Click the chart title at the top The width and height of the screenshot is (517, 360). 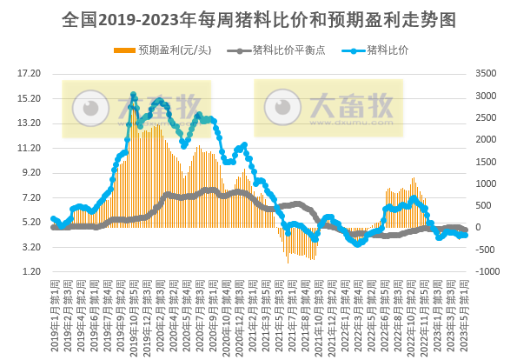click(x=258, y=18)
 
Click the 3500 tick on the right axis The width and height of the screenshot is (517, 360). click(x=489, y=73)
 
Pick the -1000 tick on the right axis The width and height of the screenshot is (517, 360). click(x=489, y=272)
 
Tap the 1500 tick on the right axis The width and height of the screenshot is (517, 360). click(x=489, y=162)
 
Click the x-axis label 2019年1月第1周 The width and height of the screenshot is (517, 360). click(x=54, y=304)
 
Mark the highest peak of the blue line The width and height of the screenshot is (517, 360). click(x=133, y=95)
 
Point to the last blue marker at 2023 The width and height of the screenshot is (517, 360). click(x=466, y=236)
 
